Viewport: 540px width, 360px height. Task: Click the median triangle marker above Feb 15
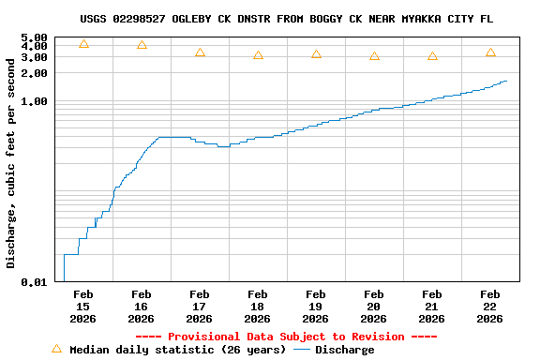pyautogui.click(x=83, y=44)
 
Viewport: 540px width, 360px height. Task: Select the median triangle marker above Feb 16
pyautogui.click(x=142, y=45)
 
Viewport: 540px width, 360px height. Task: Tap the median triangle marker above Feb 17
pyautogui.click(x=200, y=52)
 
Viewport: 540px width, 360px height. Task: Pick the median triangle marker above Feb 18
pyautogui.click(x=258, y=55)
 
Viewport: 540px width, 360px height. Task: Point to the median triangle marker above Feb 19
pyautogui.click(x=316, y=54)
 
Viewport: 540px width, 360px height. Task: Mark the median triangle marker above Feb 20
pyautogui.click(x=374, y=56)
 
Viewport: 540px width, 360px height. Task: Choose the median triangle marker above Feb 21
pyautogui.click(x=432, y=56)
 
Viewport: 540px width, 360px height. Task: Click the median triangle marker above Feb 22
pyautogui.click(x=490, y=52)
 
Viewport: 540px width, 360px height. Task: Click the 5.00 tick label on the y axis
pyautogui.click(x=34, y=38)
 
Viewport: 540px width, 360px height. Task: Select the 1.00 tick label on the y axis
pyautogui.click(x=34, y=101)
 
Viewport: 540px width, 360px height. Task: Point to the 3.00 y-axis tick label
pyautogui.click(x=34, y=57)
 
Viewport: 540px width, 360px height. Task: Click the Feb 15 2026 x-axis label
pyautogui.click(x=83, y=307)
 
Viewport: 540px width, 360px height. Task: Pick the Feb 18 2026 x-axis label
pyautogui.click(x=258, y=307)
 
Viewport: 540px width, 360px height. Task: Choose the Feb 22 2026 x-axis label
pyautogui.click(x=490, y=307)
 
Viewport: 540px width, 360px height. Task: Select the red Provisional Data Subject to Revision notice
pyautogui.click(x=286, y=337)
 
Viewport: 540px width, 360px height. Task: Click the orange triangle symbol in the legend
pyautogui.click(x=56, y=349)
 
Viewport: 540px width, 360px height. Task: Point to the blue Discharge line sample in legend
pyautogui.click(x=301, y=350)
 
